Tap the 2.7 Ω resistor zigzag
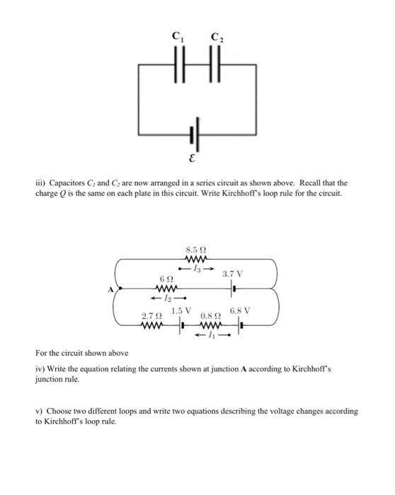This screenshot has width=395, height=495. coord(153,326)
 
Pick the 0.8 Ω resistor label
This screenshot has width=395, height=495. coord(211,315)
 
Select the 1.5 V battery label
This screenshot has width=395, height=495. coord(181,310)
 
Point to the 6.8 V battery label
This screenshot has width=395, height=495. coord(240,311)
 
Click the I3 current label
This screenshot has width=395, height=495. coord(198,268)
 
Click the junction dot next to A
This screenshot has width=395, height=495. coord(118,289)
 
